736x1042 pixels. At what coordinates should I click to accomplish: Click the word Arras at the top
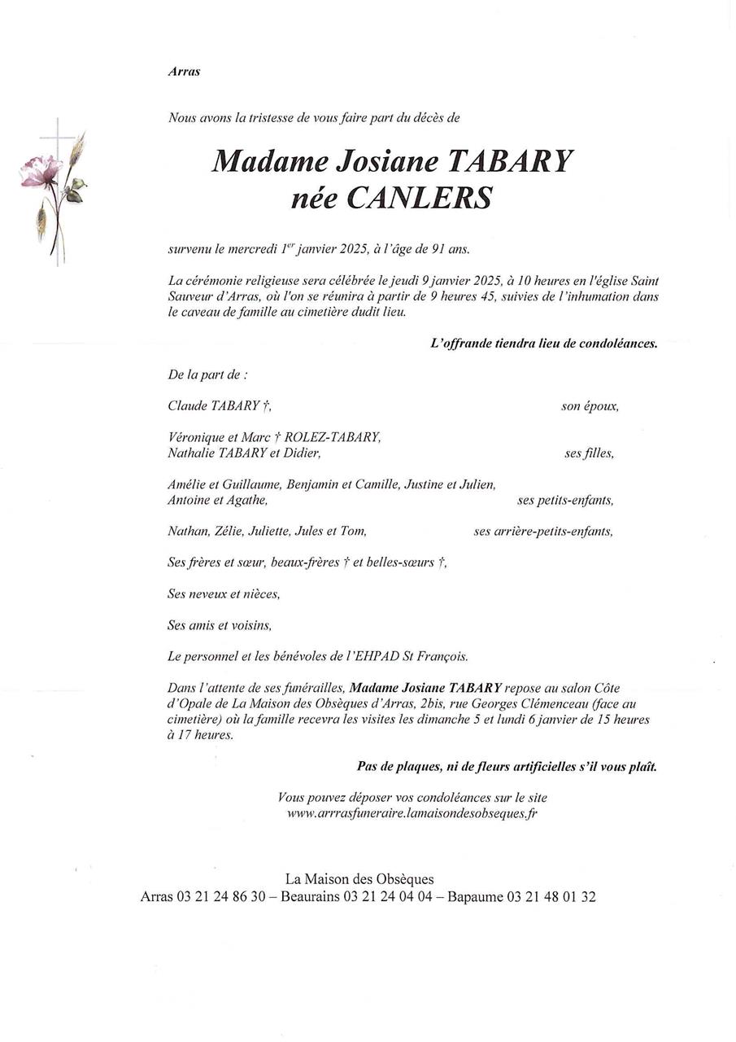[184, 72]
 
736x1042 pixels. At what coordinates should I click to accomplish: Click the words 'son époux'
[590, 405]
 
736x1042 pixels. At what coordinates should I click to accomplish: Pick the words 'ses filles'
[589, 453]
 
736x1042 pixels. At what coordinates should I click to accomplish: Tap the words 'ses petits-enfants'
[565, 501]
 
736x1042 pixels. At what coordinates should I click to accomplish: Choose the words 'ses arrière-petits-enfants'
[543, 532]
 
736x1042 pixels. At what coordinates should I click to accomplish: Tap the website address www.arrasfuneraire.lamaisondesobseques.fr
[412, 813]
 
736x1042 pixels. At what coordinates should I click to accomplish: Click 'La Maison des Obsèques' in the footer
[359, 879]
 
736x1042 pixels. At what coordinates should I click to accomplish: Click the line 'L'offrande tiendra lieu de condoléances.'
[543, 344]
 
